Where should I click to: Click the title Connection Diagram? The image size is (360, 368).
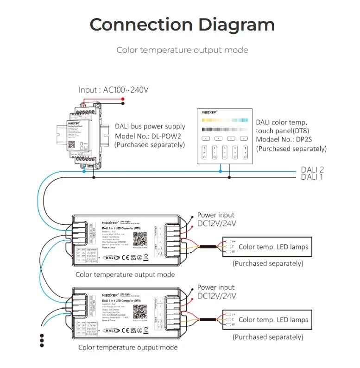[x=182, y=24]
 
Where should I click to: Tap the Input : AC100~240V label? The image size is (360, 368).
[x=114, y=90]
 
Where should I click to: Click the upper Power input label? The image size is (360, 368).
[x=216, y=215]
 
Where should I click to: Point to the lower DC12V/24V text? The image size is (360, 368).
[x=217, y=296]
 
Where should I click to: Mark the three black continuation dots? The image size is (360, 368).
[x=42, y=340]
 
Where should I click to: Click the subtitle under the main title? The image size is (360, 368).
[x=182, y=50]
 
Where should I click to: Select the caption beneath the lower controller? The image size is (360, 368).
[x=127, y=347]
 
